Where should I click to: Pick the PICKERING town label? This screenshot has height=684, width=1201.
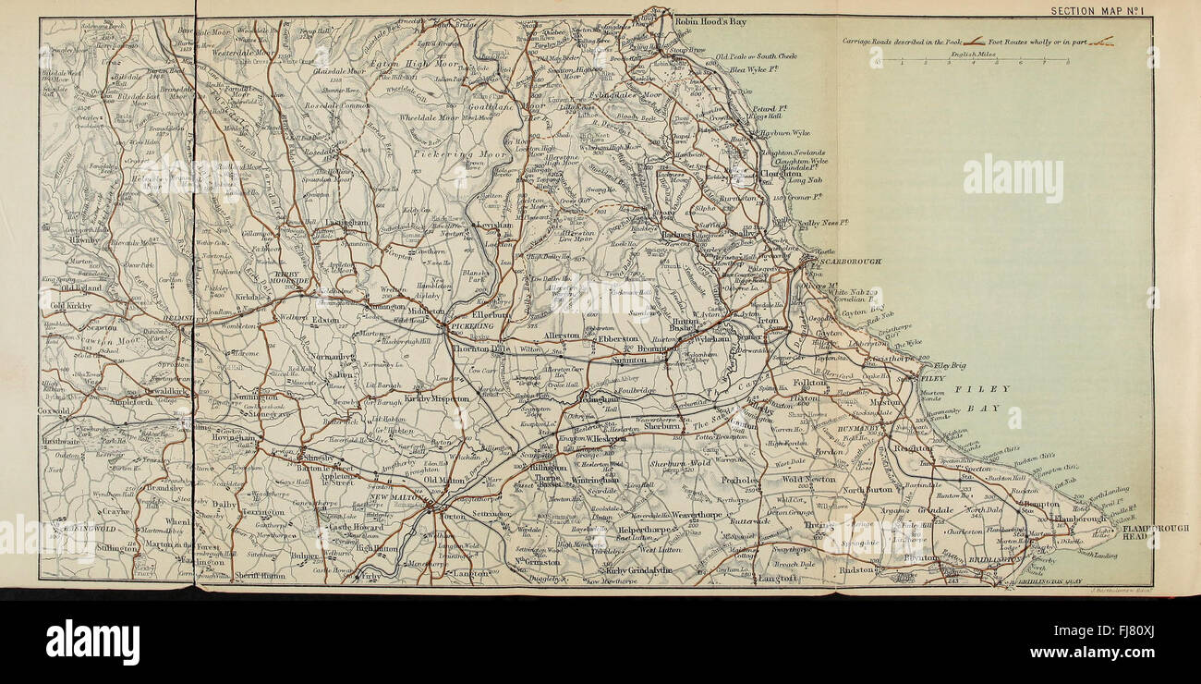473,326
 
